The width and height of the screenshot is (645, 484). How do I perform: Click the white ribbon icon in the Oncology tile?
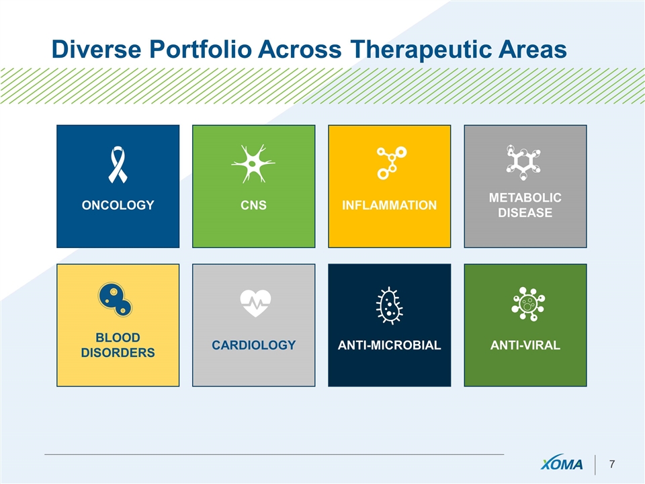118,165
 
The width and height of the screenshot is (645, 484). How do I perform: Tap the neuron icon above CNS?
253,163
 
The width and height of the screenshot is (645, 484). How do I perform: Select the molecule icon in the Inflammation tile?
392,163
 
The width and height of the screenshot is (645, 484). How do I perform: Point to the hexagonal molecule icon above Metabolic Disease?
523,163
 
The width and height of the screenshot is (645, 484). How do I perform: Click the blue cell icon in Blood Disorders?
115,299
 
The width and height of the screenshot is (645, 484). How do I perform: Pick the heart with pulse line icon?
255,303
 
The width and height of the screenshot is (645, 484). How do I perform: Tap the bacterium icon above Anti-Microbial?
389,306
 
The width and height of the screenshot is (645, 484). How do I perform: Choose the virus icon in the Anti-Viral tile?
528,304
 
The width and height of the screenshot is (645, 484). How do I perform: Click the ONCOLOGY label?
118,205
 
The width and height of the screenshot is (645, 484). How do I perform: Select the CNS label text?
253,205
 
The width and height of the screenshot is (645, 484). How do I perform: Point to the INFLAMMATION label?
389,205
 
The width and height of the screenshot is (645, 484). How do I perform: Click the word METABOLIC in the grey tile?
525,198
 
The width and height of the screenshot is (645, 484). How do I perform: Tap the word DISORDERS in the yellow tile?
118,353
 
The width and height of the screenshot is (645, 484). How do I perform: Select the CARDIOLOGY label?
254,345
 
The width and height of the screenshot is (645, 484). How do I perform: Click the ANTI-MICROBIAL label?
389,345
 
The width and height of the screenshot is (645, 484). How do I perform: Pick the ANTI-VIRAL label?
525,345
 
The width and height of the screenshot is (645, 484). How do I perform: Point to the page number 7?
612,465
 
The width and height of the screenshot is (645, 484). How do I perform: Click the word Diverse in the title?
97,49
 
